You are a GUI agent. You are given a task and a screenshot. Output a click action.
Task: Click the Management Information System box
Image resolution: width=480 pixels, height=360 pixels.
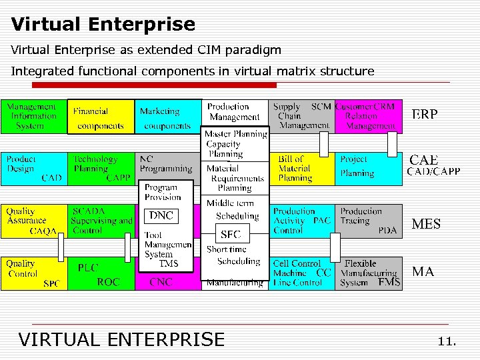click(33, 117)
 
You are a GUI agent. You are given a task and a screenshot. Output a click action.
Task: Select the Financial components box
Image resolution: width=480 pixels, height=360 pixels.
click(101, 117)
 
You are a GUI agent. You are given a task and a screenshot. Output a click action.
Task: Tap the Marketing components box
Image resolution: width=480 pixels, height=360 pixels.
click(168, 117)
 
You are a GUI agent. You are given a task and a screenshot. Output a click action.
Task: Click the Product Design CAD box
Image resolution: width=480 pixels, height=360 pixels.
click(33, 169)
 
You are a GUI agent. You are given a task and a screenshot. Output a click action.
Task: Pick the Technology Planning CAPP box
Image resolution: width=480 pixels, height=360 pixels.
click(101, 169)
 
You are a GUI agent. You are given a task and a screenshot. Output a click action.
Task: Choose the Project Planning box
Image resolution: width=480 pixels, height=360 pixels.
click(368, 169)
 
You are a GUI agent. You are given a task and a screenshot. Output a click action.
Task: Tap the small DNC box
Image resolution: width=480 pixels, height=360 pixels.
click(161, 215)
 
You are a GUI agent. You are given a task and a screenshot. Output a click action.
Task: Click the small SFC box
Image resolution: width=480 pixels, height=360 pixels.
click(230, 234)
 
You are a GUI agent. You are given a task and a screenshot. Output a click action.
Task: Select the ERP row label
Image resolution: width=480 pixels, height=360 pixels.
click(425, 115)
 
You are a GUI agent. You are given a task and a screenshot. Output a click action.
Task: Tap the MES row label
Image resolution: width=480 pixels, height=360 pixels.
click(426, 224)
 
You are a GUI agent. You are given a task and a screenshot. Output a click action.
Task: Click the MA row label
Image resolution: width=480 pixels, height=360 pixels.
click(423, 272)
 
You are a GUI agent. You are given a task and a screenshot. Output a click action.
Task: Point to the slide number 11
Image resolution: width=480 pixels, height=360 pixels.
click(447, 341)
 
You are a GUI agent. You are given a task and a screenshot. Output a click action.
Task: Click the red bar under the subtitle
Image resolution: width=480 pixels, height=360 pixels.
click(154, 85)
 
